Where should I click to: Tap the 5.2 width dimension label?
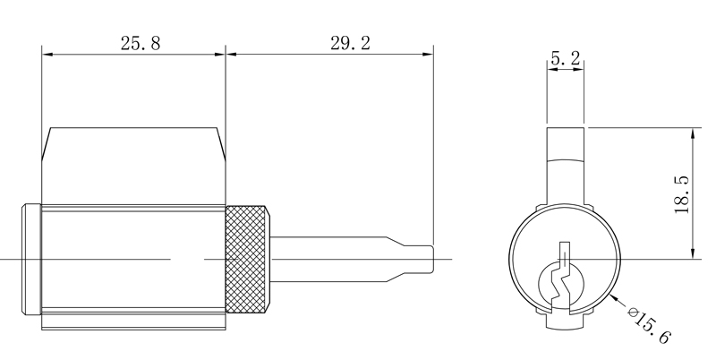(x=565, y=59)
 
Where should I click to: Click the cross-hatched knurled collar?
(x=247, y=260)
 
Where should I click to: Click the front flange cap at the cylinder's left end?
(x=30, y=260)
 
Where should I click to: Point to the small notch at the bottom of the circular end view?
(x=565, y=320)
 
